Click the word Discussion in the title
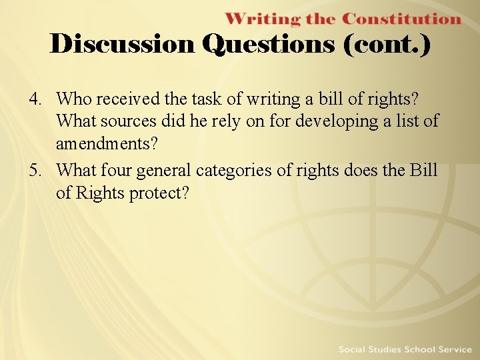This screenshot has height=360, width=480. click(123, 44)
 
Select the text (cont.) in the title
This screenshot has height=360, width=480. click(387, 45)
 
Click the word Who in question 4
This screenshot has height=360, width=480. click(73, 99)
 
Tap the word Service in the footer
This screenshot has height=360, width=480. click(456, 349)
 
